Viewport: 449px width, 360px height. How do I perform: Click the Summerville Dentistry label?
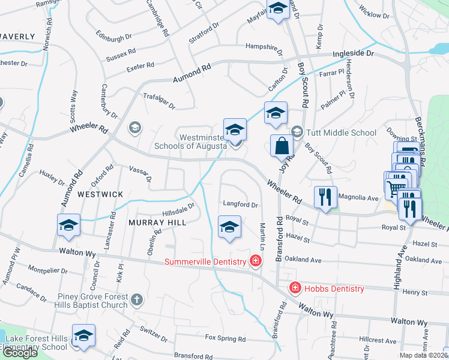pos(206,262)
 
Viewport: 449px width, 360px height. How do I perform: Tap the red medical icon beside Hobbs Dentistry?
pos(295,288)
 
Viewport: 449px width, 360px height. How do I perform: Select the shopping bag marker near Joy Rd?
pos(282,145)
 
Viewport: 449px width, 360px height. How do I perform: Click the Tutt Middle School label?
pos(342,133)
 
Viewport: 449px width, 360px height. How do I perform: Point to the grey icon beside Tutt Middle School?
pos(297,131)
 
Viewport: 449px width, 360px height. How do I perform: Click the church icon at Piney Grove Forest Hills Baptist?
pos(137,299)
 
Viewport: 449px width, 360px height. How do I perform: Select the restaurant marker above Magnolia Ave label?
pos(325,197)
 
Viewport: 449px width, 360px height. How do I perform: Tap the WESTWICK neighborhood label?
pos(100,194)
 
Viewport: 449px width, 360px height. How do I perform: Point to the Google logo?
pos(20,352)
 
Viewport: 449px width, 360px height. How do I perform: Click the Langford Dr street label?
pos(240,205)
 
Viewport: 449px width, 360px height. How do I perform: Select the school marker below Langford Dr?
pos(229,227)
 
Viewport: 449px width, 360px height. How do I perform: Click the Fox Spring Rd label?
pos(225,339)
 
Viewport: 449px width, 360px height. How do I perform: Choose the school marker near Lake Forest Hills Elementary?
pos(83,336)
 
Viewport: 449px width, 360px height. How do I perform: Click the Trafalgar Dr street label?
pos(158,100)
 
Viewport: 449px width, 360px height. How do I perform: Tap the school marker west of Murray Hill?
pos(68,226)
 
